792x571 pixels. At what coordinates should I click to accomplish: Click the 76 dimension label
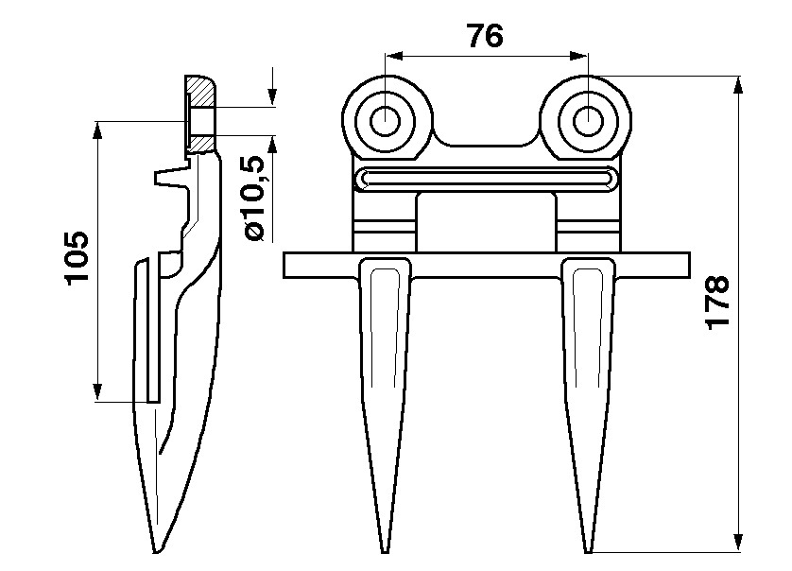pyautogui.click(x=486, y=36)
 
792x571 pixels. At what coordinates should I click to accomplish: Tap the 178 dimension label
pyautogui.click(x=717, y=303)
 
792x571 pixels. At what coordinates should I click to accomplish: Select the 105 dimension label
pyautogui.click(x=77, y=258)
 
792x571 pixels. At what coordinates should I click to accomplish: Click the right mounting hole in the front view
pyautogui.click(x=588, y=121)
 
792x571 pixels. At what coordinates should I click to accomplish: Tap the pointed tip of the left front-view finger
pyautogui.click(x=385, y=552)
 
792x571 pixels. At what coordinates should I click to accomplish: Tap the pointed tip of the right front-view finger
pyautogui.click(x=588, y=552)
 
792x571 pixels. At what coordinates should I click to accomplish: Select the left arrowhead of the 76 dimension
pyautogui.click(x=394, y=56)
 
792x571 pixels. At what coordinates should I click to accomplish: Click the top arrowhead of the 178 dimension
pyautogui.click(x=738, y=85)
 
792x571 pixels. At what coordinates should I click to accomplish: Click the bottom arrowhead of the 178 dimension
pyautogui.click(x=738, y=543)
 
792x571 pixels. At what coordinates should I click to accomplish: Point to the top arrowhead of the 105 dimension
pyautogui.click(x=97, y=130)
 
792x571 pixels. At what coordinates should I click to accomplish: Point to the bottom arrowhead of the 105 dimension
pyautogui.click(x=97, y=392)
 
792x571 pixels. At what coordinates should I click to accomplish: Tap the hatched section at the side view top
pyautogui.click(x=201, y=114)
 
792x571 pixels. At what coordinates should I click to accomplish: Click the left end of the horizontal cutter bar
pyautogui.click(x=284, y=266)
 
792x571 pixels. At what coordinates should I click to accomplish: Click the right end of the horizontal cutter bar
pyautogui.click(x=689, y=266)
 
